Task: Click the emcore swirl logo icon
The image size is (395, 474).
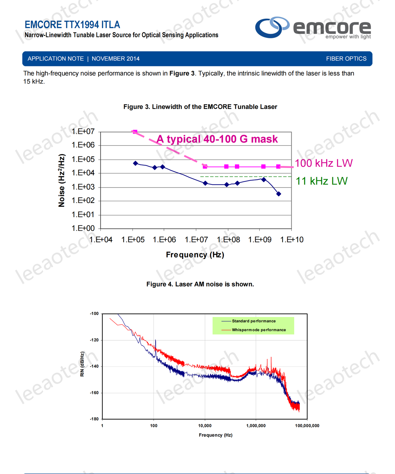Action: (x=272, y=27)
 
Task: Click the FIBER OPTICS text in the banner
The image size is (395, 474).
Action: (x=346, y=59)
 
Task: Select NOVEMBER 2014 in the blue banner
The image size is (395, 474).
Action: (x=116, y=59)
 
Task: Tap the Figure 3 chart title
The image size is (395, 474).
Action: (x=200, y=107)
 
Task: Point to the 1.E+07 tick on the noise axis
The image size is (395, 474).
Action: (x=83, y=131)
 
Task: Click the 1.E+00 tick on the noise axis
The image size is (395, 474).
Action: (x=83, y=228)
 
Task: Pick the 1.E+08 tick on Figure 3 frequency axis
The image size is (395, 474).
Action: (x=228, y=240)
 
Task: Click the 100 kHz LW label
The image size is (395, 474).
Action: (x=324, y=163)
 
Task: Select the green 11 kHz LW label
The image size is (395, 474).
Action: (x=322, y=181)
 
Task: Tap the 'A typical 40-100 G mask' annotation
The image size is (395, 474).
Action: (x=217, y=139)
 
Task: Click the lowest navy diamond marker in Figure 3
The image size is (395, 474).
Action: (x=279, y=194)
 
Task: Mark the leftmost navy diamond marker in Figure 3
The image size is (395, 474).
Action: (x=135, y=163)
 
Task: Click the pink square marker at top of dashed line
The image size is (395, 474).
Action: (x=135, y=132)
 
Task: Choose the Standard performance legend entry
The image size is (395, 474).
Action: (x=253, y=321)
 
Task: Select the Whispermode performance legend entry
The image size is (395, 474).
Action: (x=258, y=330)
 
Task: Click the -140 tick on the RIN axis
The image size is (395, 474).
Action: (x=94, y=366)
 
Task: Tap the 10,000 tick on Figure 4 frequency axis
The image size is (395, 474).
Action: (x=205, y=426)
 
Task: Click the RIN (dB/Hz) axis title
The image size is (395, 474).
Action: (x=82, y=364)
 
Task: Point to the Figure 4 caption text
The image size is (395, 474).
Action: (x=200, y=284)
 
